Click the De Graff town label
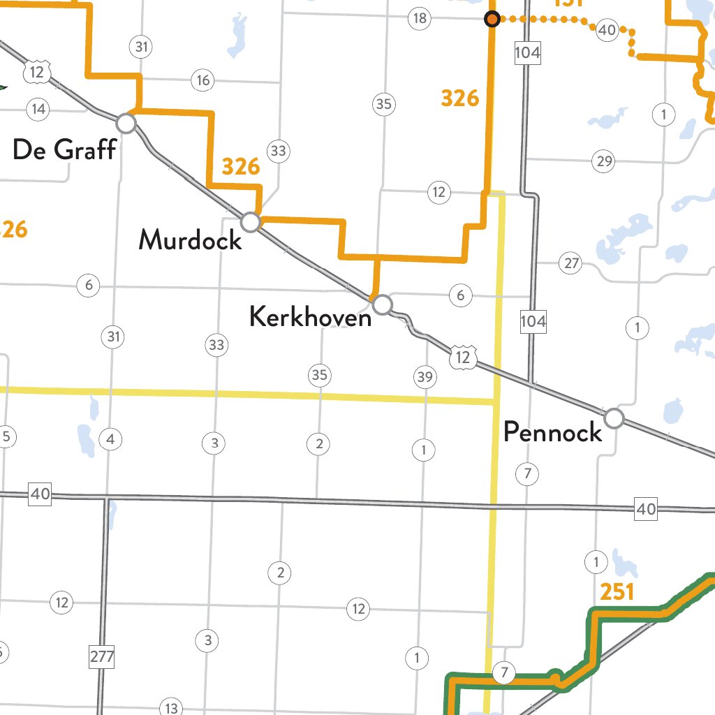point(64,149)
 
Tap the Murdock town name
point(190,240)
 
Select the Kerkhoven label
point(310,318)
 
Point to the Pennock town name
point(552,432)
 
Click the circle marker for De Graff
point(126,124)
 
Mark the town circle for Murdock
point(251,223)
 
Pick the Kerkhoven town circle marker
point(383,304)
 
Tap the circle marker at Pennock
point(614,418)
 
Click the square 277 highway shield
point(102,657)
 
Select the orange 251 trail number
point(617,593)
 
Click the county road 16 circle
point(203,81)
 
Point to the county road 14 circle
point(38,108)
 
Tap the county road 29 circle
point(603,162)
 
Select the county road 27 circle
point(572,263)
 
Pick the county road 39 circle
point(425,378)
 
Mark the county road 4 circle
point(110,440)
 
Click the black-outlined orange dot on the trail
point(492,20)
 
